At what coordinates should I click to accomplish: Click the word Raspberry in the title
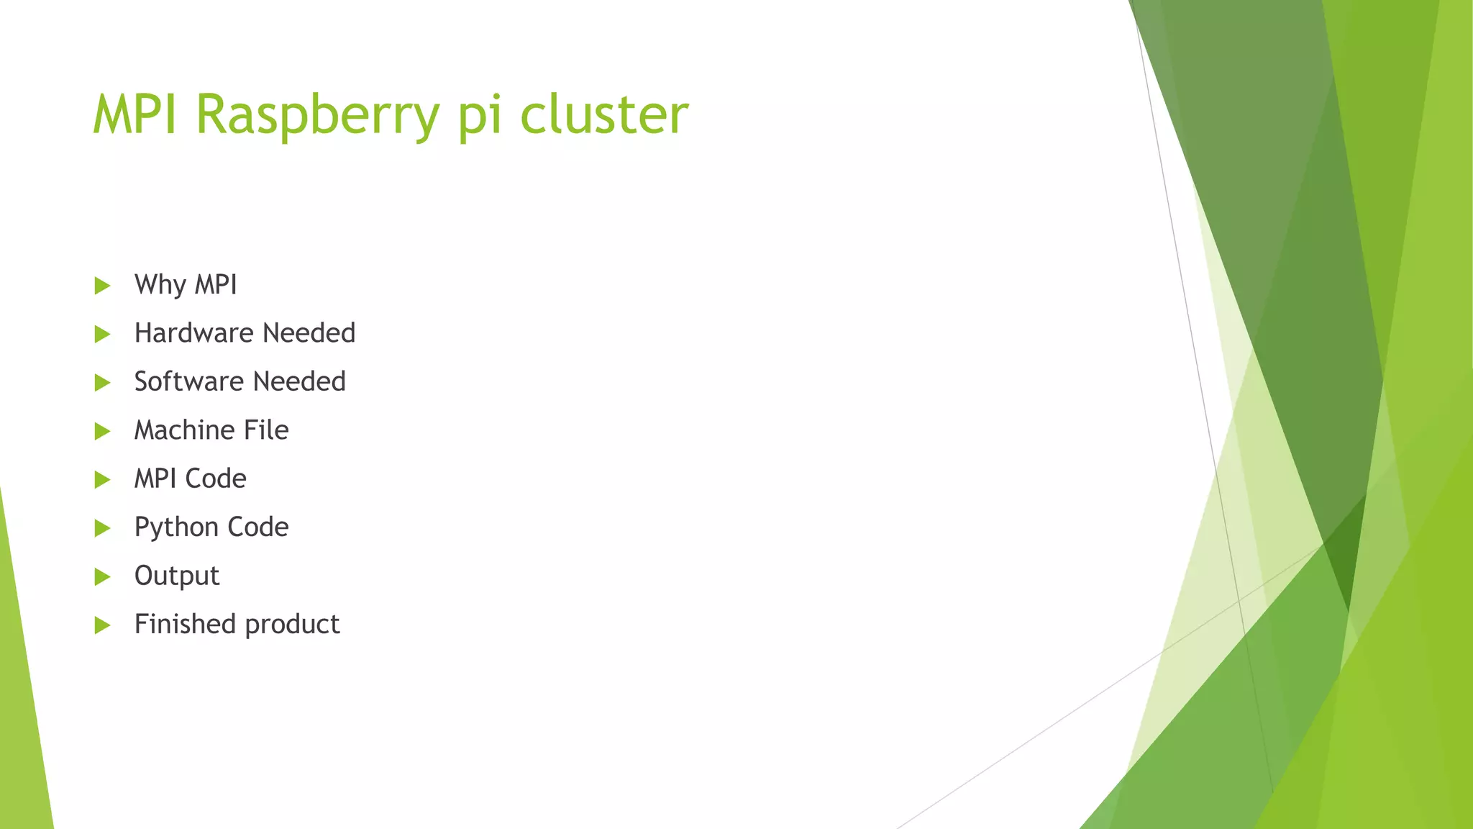point(316,115)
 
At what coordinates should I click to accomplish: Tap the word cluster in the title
point(603,115)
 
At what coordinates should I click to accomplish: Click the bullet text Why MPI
point(186,285)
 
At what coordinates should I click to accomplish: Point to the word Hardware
point(193,333)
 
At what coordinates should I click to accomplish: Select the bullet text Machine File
point(211,430)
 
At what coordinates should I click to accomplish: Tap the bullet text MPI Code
point(190,479)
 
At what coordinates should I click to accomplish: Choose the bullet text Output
point(176,576)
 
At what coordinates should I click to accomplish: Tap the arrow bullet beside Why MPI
point(102,286)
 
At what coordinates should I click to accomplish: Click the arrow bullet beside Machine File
point(102,431)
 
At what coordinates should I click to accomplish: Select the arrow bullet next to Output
point(102,576)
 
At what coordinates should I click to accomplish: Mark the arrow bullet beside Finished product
point(102,625)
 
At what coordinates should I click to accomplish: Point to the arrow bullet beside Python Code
point(102,528)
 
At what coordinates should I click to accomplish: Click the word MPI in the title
point(135,115)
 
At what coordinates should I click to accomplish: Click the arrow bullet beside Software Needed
point(102,382)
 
